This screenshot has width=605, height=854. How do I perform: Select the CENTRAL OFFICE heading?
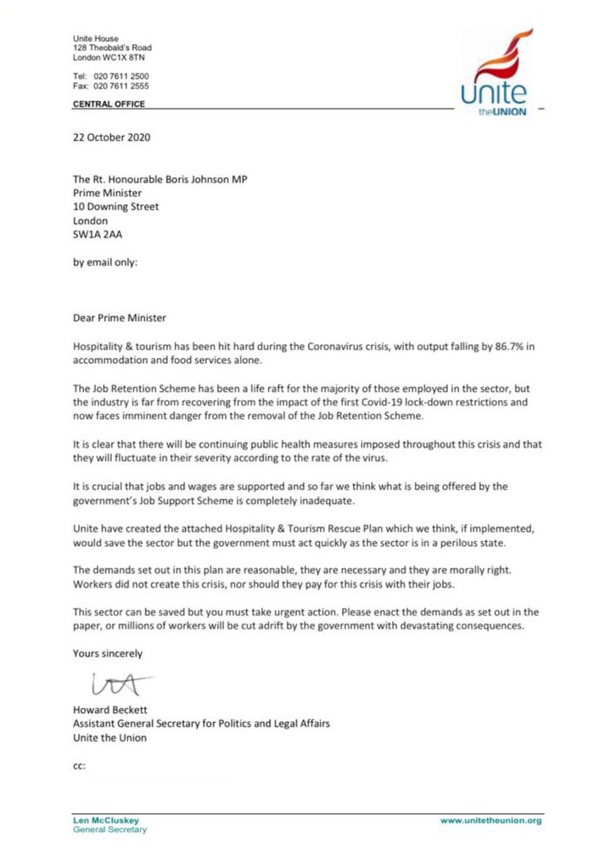point(108,104)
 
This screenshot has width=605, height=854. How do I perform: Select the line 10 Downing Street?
point(115,206)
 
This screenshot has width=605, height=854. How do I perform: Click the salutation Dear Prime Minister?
point(119,318)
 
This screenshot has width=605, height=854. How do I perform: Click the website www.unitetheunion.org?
point(491,820)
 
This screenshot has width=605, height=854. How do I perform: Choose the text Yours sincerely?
point(108,654)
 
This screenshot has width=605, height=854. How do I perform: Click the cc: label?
point(81,766)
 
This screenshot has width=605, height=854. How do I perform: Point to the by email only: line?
point(104,262)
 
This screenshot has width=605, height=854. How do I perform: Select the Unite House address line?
point(95,38)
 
